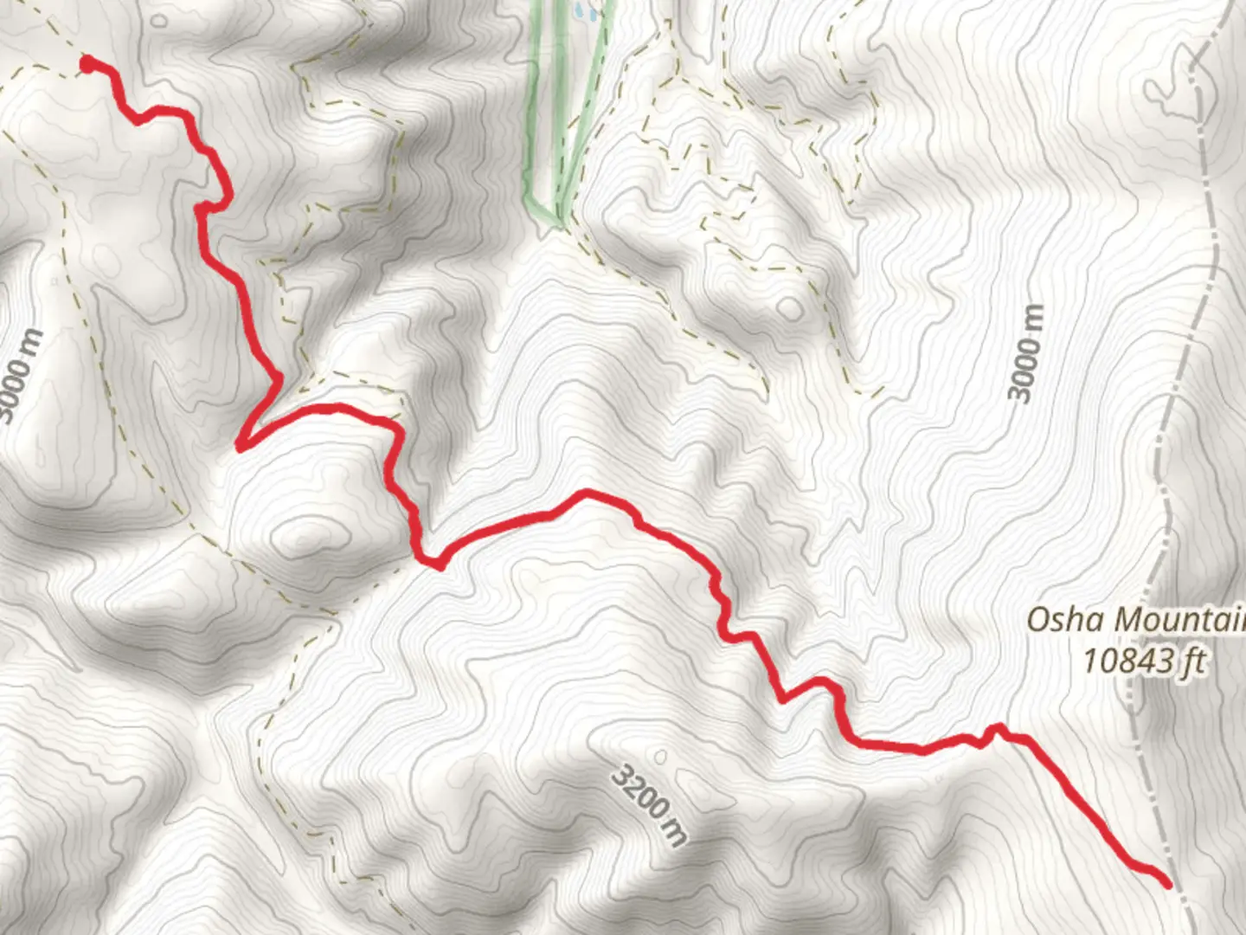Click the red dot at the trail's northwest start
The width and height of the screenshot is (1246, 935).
point(88,62)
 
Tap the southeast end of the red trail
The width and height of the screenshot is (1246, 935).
point(1167,883)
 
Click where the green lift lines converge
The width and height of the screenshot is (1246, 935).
point(558,216)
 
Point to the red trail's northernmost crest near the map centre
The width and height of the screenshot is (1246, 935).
point(587,493)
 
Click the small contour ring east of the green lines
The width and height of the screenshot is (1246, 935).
point(789,307)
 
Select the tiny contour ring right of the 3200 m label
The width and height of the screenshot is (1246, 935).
point(661,758)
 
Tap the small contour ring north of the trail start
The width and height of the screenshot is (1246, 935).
point(161,19)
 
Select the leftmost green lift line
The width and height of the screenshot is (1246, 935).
point(532,104)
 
